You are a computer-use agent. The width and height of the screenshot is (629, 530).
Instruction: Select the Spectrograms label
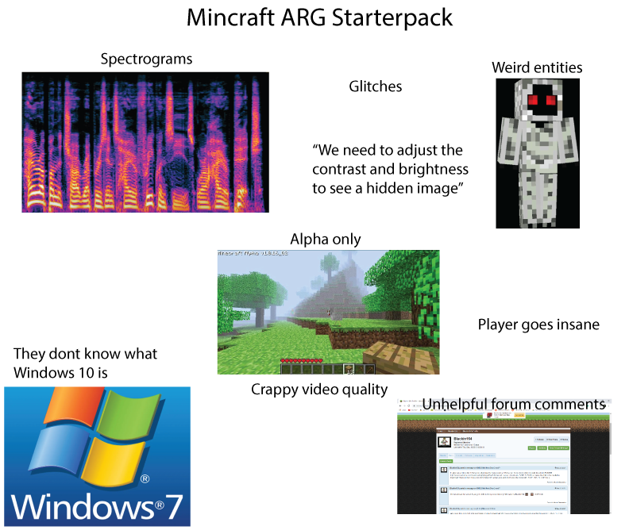point(146,60)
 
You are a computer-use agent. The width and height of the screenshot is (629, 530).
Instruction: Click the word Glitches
point(376,86)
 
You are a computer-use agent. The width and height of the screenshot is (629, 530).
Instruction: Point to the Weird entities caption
point(537,67)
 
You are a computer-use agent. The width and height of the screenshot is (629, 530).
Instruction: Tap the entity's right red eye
point(550,101)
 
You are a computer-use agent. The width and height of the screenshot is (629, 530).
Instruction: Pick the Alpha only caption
point(326,239)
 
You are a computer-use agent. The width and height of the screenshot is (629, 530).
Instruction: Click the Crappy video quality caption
point(319,389)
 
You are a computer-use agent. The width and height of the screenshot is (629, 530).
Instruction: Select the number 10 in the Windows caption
point(134,371)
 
